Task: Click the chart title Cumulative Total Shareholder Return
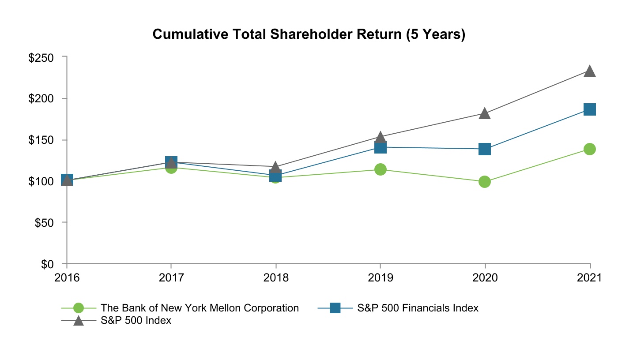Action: [x=309, y=35]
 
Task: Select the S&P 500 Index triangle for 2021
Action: [x=590, y=71]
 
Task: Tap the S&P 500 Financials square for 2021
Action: [x=590, y=109]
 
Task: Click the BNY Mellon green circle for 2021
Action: [x=590, y=149]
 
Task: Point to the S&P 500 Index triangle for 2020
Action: [x=485, y=113]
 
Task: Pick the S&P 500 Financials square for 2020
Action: [x=485, y=149]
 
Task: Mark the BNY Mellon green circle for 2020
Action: [x=485, y=182]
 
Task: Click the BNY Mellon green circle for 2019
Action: [x=381, y=169]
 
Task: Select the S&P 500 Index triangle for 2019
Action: [x=381, y=137]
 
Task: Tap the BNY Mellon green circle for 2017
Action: [x=171, y=168]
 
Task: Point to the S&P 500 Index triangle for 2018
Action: [x=275, y=167]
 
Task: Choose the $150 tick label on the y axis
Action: [x=41, y=140]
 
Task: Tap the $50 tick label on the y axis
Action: [x=44, y=223]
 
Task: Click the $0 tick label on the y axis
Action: [x=47, y=264]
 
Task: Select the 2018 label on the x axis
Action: [x=275, y=278]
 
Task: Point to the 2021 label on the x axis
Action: [x=590, y=278]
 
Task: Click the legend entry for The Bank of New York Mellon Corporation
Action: [x=200, y=308]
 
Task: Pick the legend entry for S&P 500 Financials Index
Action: [x=417, y=308]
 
